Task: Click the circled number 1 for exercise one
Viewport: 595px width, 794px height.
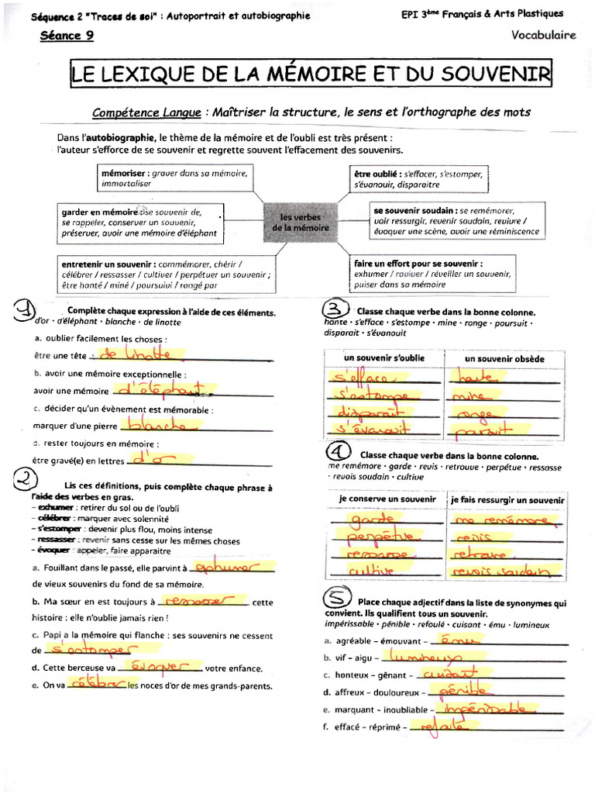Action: (26, 311)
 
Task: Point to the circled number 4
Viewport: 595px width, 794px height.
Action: (339, 452)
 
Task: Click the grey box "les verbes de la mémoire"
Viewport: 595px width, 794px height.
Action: (300, 223)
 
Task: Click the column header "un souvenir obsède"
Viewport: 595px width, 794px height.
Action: (504, 359)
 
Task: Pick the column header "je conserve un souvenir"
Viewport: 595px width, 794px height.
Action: (387, 499)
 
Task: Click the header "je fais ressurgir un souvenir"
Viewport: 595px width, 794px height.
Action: (507, 500)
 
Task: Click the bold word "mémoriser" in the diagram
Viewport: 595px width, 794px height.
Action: (126, 174)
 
